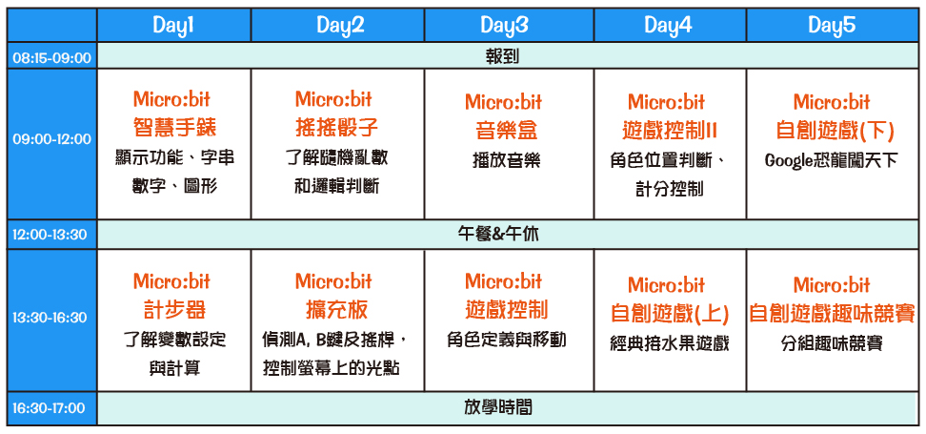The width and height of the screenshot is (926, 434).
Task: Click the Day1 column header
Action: point(173,26)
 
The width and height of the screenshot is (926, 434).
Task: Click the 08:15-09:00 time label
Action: point(52,58)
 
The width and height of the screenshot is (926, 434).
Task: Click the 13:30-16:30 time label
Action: point(52,318)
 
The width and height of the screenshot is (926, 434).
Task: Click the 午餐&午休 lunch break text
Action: point(499,235)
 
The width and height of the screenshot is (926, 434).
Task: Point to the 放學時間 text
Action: point(498,407)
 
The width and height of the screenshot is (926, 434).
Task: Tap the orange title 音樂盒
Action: point(507,131)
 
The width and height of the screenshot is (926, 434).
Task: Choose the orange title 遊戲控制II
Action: point(670,131)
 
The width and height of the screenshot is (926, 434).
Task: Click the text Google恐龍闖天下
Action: point(831,161)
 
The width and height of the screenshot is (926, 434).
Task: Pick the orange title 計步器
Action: point(173,310)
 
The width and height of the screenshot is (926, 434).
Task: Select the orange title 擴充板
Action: point(336,310)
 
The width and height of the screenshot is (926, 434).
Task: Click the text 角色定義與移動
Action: point(506,340)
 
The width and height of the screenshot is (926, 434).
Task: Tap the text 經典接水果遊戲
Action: point(670,343)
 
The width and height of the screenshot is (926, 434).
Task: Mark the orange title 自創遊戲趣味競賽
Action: point(832,314)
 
